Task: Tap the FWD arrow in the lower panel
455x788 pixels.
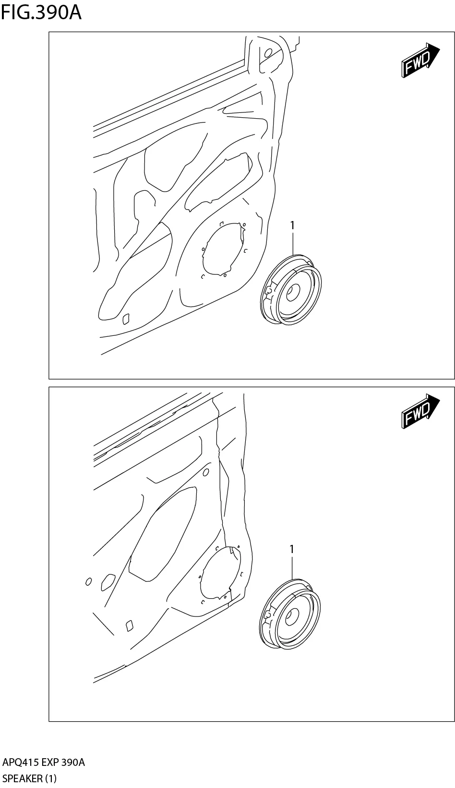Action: [x=420, y=411]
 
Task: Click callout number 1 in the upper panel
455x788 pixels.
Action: [x=292, y=225]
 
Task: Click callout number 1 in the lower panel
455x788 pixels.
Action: [x=292, y=548]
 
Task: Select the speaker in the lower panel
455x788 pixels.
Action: [x=290, y=615]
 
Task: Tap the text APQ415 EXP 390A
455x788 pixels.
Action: [x=44, y=763]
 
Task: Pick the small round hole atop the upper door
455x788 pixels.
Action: [x=268, y=52]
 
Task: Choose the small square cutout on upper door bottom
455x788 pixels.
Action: [x=127, y=318]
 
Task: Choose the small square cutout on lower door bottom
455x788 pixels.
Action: [x=129, y=625]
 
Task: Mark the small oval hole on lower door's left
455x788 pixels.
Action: [x=88, y=582]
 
